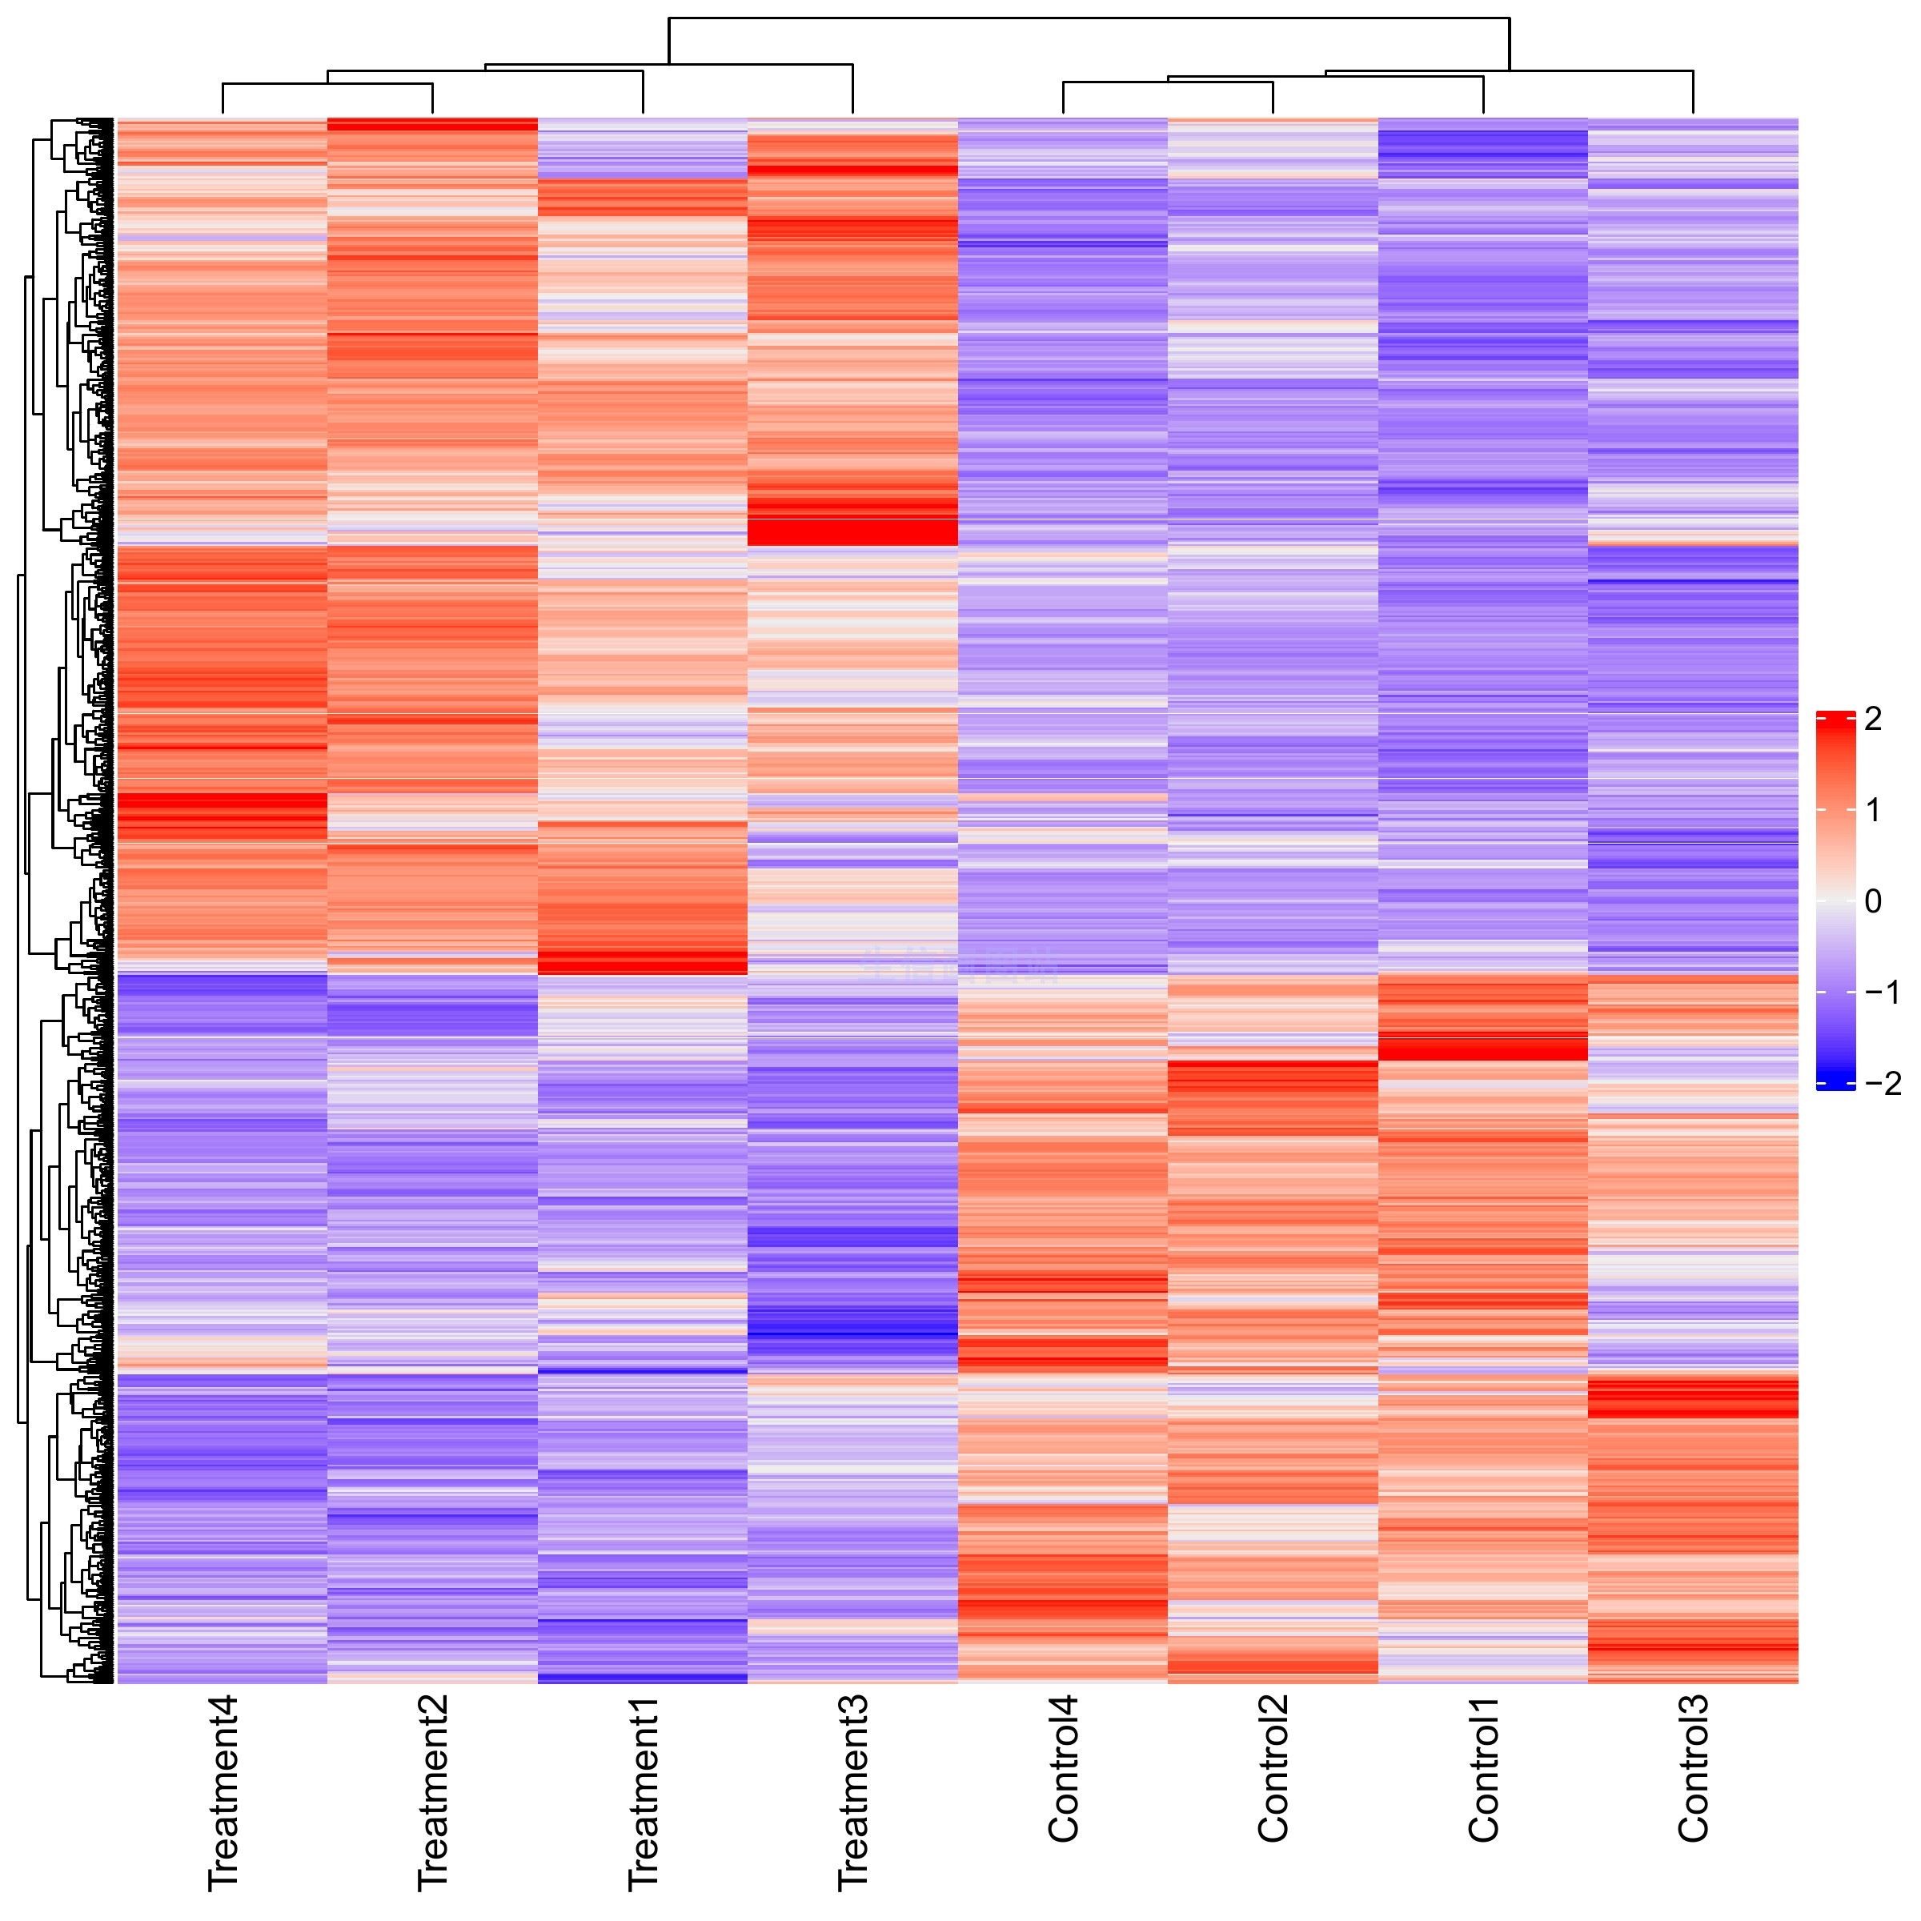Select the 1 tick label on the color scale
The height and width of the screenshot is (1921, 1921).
point(1873,812)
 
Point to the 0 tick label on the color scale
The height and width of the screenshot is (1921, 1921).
point(1873,902)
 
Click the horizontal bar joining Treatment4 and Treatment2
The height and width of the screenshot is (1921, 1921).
point(328,85)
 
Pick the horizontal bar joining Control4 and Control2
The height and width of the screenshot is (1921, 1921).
point(1169,82)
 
